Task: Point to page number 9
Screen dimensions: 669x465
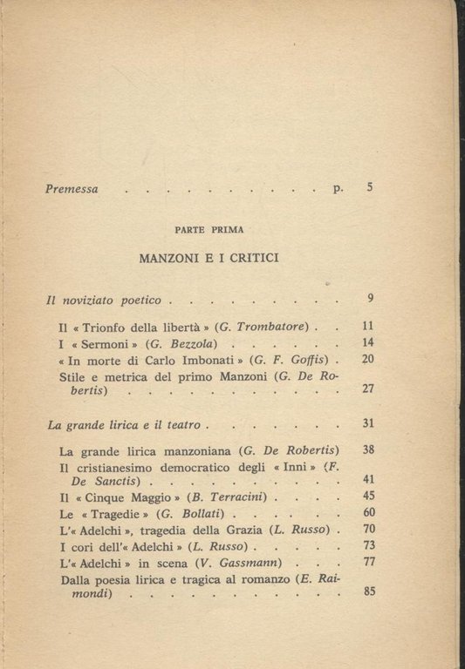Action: [370, 299]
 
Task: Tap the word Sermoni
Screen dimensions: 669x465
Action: [108, 344]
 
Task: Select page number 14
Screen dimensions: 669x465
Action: [367, 343]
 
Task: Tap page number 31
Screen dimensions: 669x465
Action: [367, 423]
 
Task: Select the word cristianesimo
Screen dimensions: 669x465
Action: [114, 467]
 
